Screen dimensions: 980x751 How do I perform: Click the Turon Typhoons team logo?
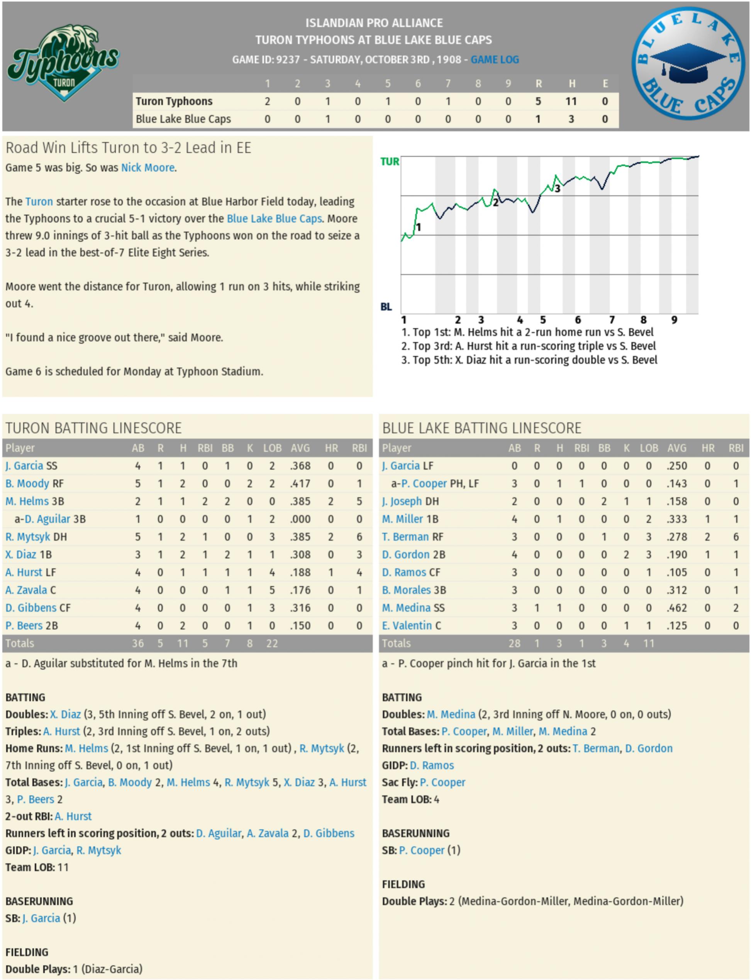(63, 63)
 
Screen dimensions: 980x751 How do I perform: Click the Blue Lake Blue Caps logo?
(688, 63)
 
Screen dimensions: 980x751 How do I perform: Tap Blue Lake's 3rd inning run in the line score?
(328, 119)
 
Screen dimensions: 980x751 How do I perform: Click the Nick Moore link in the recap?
(147, 168)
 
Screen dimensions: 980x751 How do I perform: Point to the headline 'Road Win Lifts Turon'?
(128, 148)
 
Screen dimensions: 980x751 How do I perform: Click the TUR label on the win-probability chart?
(389, 161)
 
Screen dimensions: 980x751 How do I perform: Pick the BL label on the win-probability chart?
(386, 307)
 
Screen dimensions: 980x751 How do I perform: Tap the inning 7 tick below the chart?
(612, 320)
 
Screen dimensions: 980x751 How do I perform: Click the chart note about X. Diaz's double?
(529, 360)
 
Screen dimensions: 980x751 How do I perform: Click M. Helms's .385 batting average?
(300, 501)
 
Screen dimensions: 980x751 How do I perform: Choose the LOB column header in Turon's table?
(272, 448)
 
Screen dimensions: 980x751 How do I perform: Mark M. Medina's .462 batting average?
(676, 608)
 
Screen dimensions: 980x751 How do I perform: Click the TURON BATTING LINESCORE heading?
(93, 428)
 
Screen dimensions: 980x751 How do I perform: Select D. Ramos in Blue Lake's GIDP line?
(431, 765)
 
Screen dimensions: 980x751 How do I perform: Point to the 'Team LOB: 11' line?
(37, 867)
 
